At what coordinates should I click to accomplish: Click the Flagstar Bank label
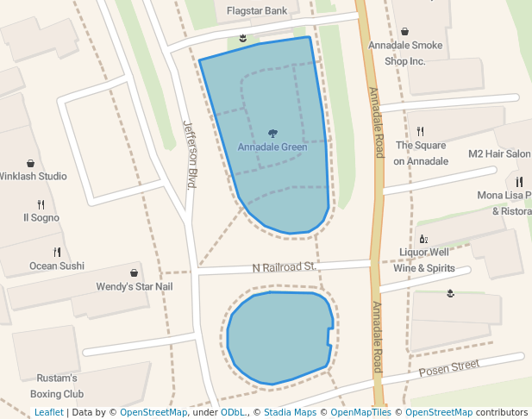(x=256, y=11)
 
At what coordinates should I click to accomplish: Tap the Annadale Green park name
(x=272, y=147)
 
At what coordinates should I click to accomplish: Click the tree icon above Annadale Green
(x=272, y=133)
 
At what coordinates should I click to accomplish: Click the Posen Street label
(x=448, y=369)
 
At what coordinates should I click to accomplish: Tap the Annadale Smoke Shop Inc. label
(x=405, y=53)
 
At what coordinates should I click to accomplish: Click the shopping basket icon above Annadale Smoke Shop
(x=405, y=32)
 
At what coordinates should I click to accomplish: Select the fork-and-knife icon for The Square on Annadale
(x=421, y=132)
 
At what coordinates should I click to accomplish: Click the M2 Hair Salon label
(x=499, y=153)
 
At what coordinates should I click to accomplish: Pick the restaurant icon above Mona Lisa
(x=519, y=182)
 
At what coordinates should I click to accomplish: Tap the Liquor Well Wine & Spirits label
(x=423, y=260)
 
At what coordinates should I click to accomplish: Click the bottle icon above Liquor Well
(x=423, y=239)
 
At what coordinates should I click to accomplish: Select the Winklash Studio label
(x=34, y=177)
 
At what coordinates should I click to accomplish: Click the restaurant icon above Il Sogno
(x=41, y=204)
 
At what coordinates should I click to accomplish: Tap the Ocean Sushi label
(x=57, y=266)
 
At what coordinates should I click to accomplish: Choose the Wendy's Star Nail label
(x=135, y=286)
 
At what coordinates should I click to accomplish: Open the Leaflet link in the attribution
(x=48, y=412)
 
